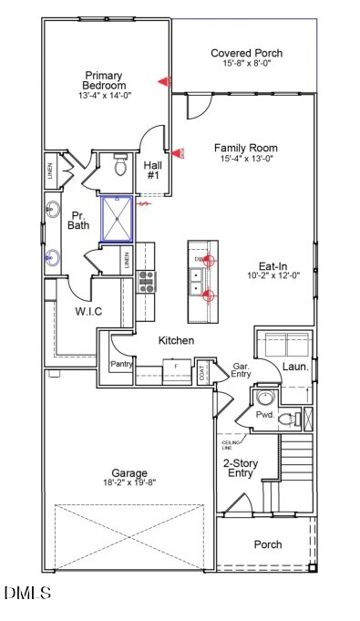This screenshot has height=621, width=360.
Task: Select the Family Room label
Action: pos(246,148)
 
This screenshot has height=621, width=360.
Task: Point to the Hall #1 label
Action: pos(153,170)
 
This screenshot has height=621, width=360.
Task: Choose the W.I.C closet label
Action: pos(88,313)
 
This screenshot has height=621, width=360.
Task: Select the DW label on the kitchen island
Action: pos(199,260)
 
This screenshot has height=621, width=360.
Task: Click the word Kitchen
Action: pos(177,340)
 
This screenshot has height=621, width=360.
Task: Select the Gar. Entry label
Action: pos(242,368)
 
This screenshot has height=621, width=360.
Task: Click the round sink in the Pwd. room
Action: pos(264,398)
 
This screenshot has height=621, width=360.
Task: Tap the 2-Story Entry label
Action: pos(245,467)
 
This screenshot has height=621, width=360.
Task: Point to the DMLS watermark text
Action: pos(28,594)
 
